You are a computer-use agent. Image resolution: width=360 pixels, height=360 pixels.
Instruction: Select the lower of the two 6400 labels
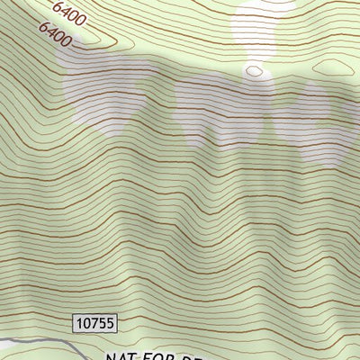[x=55, y=35]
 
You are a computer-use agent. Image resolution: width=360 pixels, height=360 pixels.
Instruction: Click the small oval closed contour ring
[x=255, y=70]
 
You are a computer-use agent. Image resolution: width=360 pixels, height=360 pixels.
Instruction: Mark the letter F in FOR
[x=156, y=355]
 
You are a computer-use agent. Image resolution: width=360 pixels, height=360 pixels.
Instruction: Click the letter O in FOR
[x=168, y=355]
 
